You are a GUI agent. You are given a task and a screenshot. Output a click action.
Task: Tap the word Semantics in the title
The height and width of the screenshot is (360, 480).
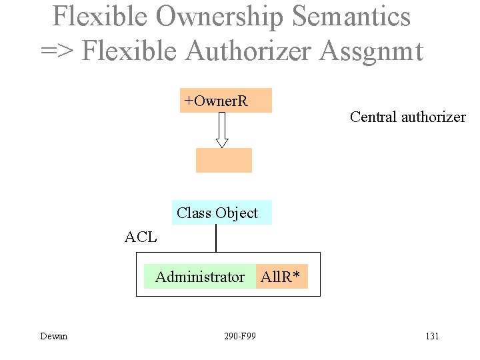(353, 17)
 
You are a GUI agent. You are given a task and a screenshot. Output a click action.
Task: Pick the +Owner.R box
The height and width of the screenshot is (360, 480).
(225, 101)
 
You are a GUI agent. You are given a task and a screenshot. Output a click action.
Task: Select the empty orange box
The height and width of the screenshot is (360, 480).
(223, 160)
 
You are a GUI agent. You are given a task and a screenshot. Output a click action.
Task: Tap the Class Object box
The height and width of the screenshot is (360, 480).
(221, 213)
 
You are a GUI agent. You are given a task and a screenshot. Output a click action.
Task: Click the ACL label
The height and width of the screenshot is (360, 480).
(141, 237)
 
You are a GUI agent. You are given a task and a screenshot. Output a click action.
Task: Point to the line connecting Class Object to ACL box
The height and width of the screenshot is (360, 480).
(216, 238)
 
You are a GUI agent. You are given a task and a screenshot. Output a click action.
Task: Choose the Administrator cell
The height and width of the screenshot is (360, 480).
(199, 277)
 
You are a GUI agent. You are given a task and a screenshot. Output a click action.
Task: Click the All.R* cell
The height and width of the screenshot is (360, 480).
(282, 277)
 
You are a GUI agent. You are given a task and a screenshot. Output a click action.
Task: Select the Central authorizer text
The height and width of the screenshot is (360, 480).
(407, 117)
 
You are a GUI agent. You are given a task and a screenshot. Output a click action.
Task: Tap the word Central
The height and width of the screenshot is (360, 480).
(373, 117)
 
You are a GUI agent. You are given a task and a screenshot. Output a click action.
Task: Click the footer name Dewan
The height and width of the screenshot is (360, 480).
(53, 336)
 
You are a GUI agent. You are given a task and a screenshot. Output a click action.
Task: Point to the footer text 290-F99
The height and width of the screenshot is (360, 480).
(240, 336)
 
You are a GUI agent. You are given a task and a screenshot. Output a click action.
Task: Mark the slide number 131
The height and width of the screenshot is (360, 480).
(431, 336)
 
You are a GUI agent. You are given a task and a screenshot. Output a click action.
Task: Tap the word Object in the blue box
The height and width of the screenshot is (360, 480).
(236, 213)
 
